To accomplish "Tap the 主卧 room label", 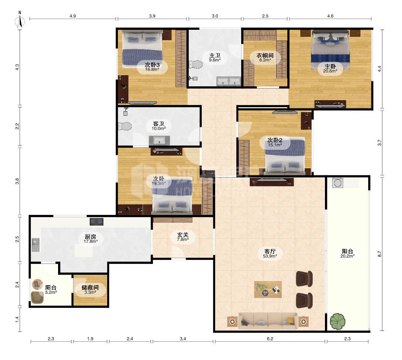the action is [330, 66].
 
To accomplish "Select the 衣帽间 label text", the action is [265, 55].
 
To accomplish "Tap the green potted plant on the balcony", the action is [337, 322].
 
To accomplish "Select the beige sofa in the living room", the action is [268, 321].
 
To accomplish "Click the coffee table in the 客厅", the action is [268, 290].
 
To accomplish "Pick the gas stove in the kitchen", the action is [97, 222].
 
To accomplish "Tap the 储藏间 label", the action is [90, 287].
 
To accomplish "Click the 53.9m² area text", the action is [270, 256].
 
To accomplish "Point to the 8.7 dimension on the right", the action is [380, 254].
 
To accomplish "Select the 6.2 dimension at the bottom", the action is [270, 339].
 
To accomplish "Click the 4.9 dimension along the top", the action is [73, 16].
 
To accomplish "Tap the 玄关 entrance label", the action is [183, 235].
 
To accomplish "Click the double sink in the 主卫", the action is [229, 81].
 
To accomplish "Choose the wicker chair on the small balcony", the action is [38, 298].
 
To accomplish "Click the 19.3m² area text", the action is [159, 183].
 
